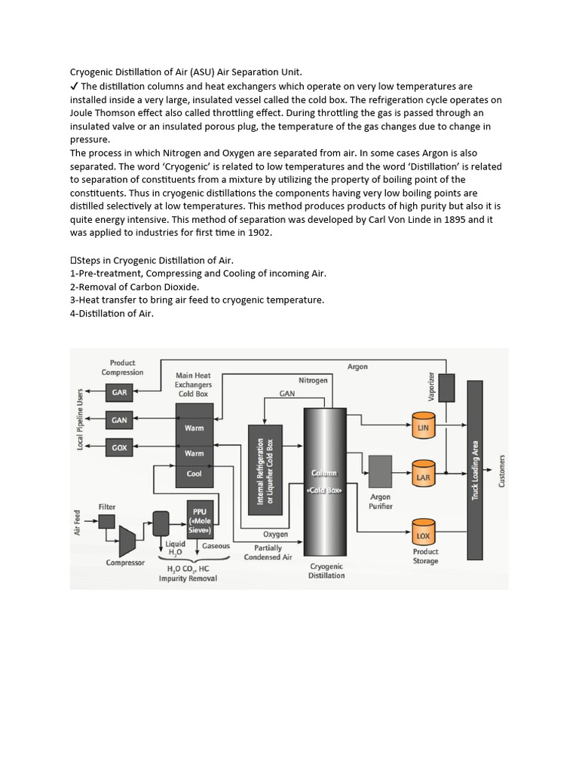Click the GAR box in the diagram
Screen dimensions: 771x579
pyautogui.click(x=119, y=392)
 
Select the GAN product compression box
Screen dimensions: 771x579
pyautogui.click(x=119, y=419)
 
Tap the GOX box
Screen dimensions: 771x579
pyautogui.click(x=119, y=447)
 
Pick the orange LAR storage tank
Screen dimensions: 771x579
pyautogui.click(x=423, y=476)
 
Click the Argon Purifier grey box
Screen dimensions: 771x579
pyautogui.click(x=380, y=474)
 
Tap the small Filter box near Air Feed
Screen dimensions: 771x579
pyautogui.click(x=106, y=521)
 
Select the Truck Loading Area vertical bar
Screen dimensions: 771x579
pyautogui.click(x=475, y=470)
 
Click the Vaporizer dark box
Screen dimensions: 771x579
pyautogui.click(x=447, y=387)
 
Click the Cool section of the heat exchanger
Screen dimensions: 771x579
pyautogui.click(x=194, y=474)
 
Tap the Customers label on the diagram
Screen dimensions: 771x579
pyautogui.click(x=502, y=471)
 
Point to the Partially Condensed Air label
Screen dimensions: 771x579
pyautogui.click(x=268, y=553)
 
